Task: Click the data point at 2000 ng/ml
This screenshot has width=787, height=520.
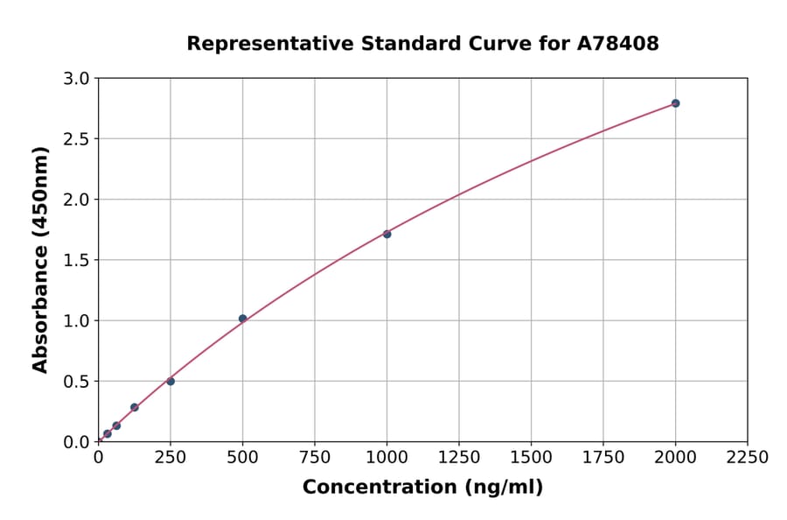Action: click(x=675, y=103)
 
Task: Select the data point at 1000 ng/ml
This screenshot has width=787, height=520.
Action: click(x=387, y=234)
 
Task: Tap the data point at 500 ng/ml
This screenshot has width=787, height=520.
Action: click(x=242, y=319)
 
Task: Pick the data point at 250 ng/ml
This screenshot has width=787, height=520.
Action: click(x=171, y=381)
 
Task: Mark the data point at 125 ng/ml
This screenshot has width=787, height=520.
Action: click(x=135, y=407)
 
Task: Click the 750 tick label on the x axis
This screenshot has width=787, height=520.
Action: click(x=315, y=457)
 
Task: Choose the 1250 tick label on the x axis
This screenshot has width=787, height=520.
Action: click(x=459, y=457)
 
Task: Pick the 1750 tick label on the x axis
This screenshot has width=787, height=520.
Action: click(x=603, y=457)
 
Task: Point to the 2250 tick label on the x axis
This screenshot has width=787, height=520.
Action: click(x=748, y=457)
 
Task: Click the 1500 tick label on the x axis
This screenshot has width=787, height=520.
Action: click(x=531, y=457)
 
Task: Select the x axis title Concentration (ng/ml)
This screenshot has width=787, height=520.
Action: click(x=422, y=488)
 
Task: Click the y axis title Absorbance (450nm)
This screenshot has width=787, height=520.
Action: click(x=40, y=260)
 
